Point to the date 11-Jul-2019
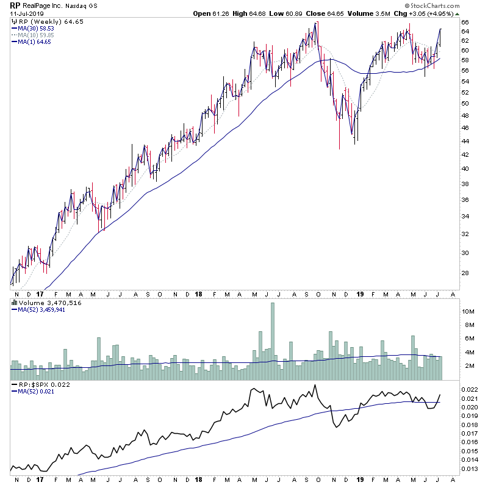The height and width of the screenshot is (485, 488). tap(24, 15)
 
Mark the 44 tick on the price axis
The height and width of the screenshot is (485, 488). tap(464, 141)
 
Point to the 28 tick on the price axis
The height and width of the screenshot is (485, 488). tap(464, 273)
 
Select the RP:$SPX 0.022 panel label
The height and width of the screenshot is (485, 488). tap(40, 385)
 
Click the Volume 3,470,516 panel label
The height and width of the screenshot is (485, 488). tap(41, 303)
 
